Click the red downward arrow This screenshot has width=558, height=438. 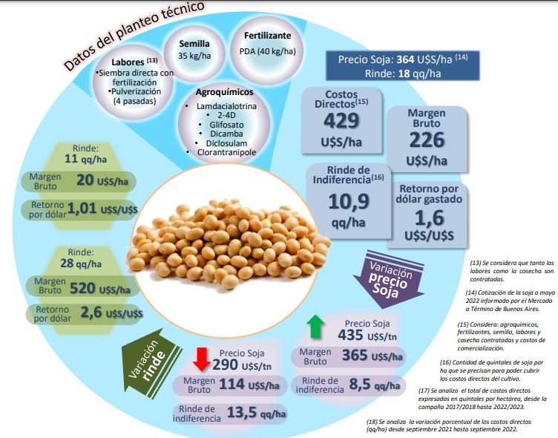pyautogui.click(x=200, y=357)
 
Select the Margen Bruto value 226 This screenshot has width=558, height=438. pyautogui.click(x=427, y=140)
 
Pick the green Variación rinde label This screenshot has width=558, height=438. pyautogui.click(x=146, y=363)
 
